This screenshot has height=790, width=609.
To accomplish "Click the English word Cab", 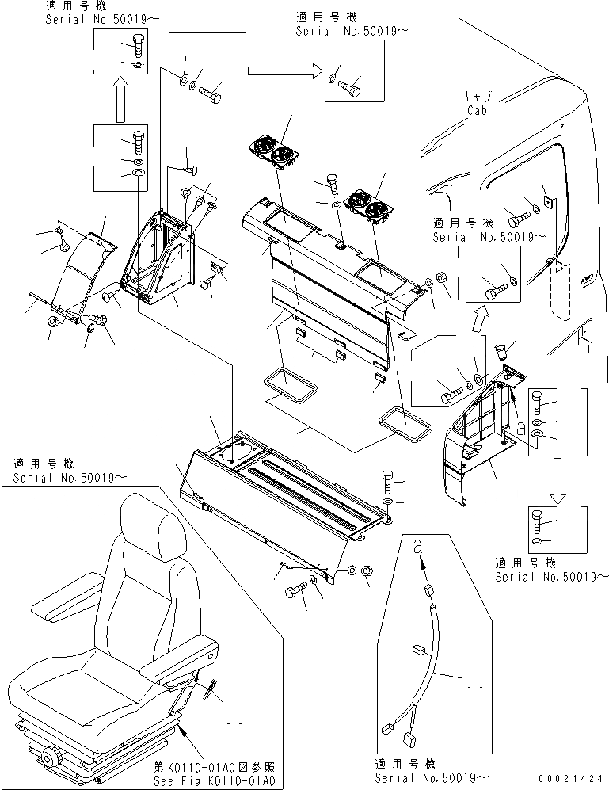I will tap(478, 111).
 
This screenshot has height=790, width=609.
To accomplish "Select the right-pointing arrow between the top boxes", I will tap(281, 71).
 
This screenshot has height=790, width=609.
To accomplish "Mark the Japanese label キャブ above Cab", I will tap(477, 96).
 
